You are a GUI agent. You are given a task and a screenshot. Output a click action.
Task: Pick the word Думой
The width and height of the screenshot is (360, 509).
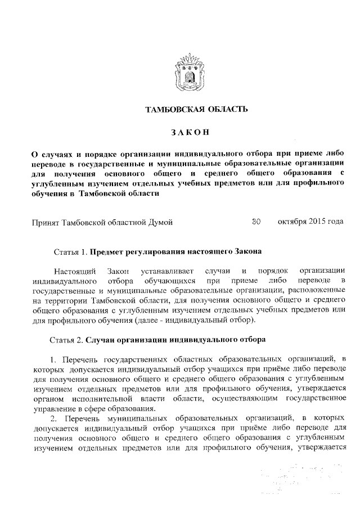[x=160, y=222]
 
